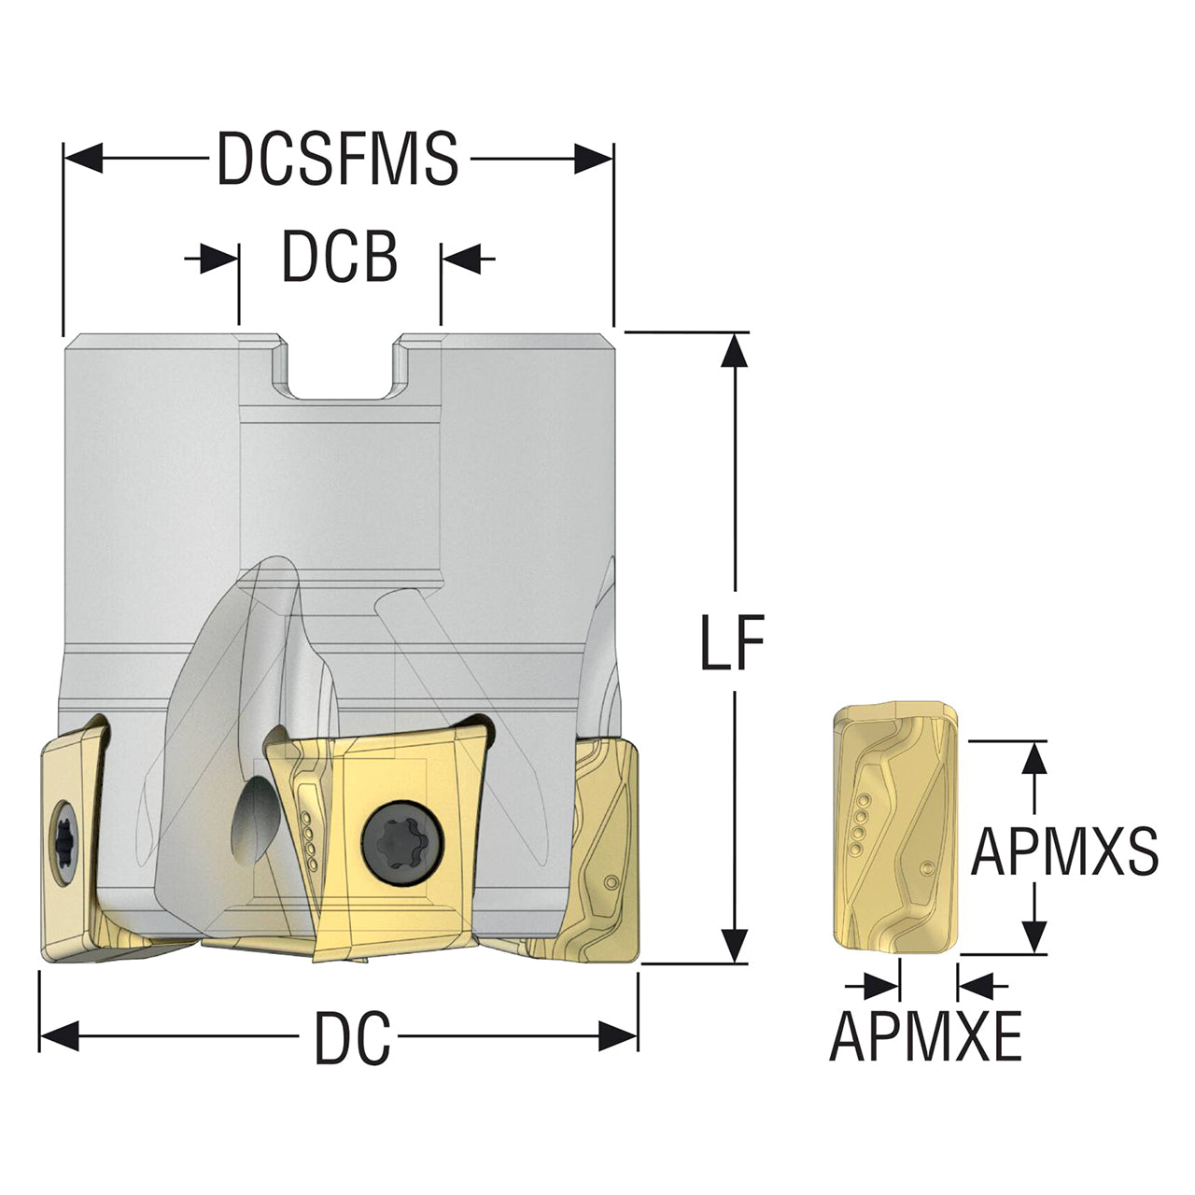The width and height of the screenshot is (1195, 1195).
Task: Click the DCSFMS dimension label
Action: (338, 158)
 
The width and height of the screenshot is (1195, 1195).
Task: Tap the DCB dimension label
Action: (340, 257)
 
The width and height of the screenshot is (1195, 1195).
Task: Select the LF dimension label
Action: (732, 641)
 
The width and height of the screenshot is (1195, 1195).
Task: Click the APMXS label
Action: (1064, 852)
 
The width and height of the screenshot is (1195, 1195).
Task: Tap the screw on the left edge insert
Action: (63, 842)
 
